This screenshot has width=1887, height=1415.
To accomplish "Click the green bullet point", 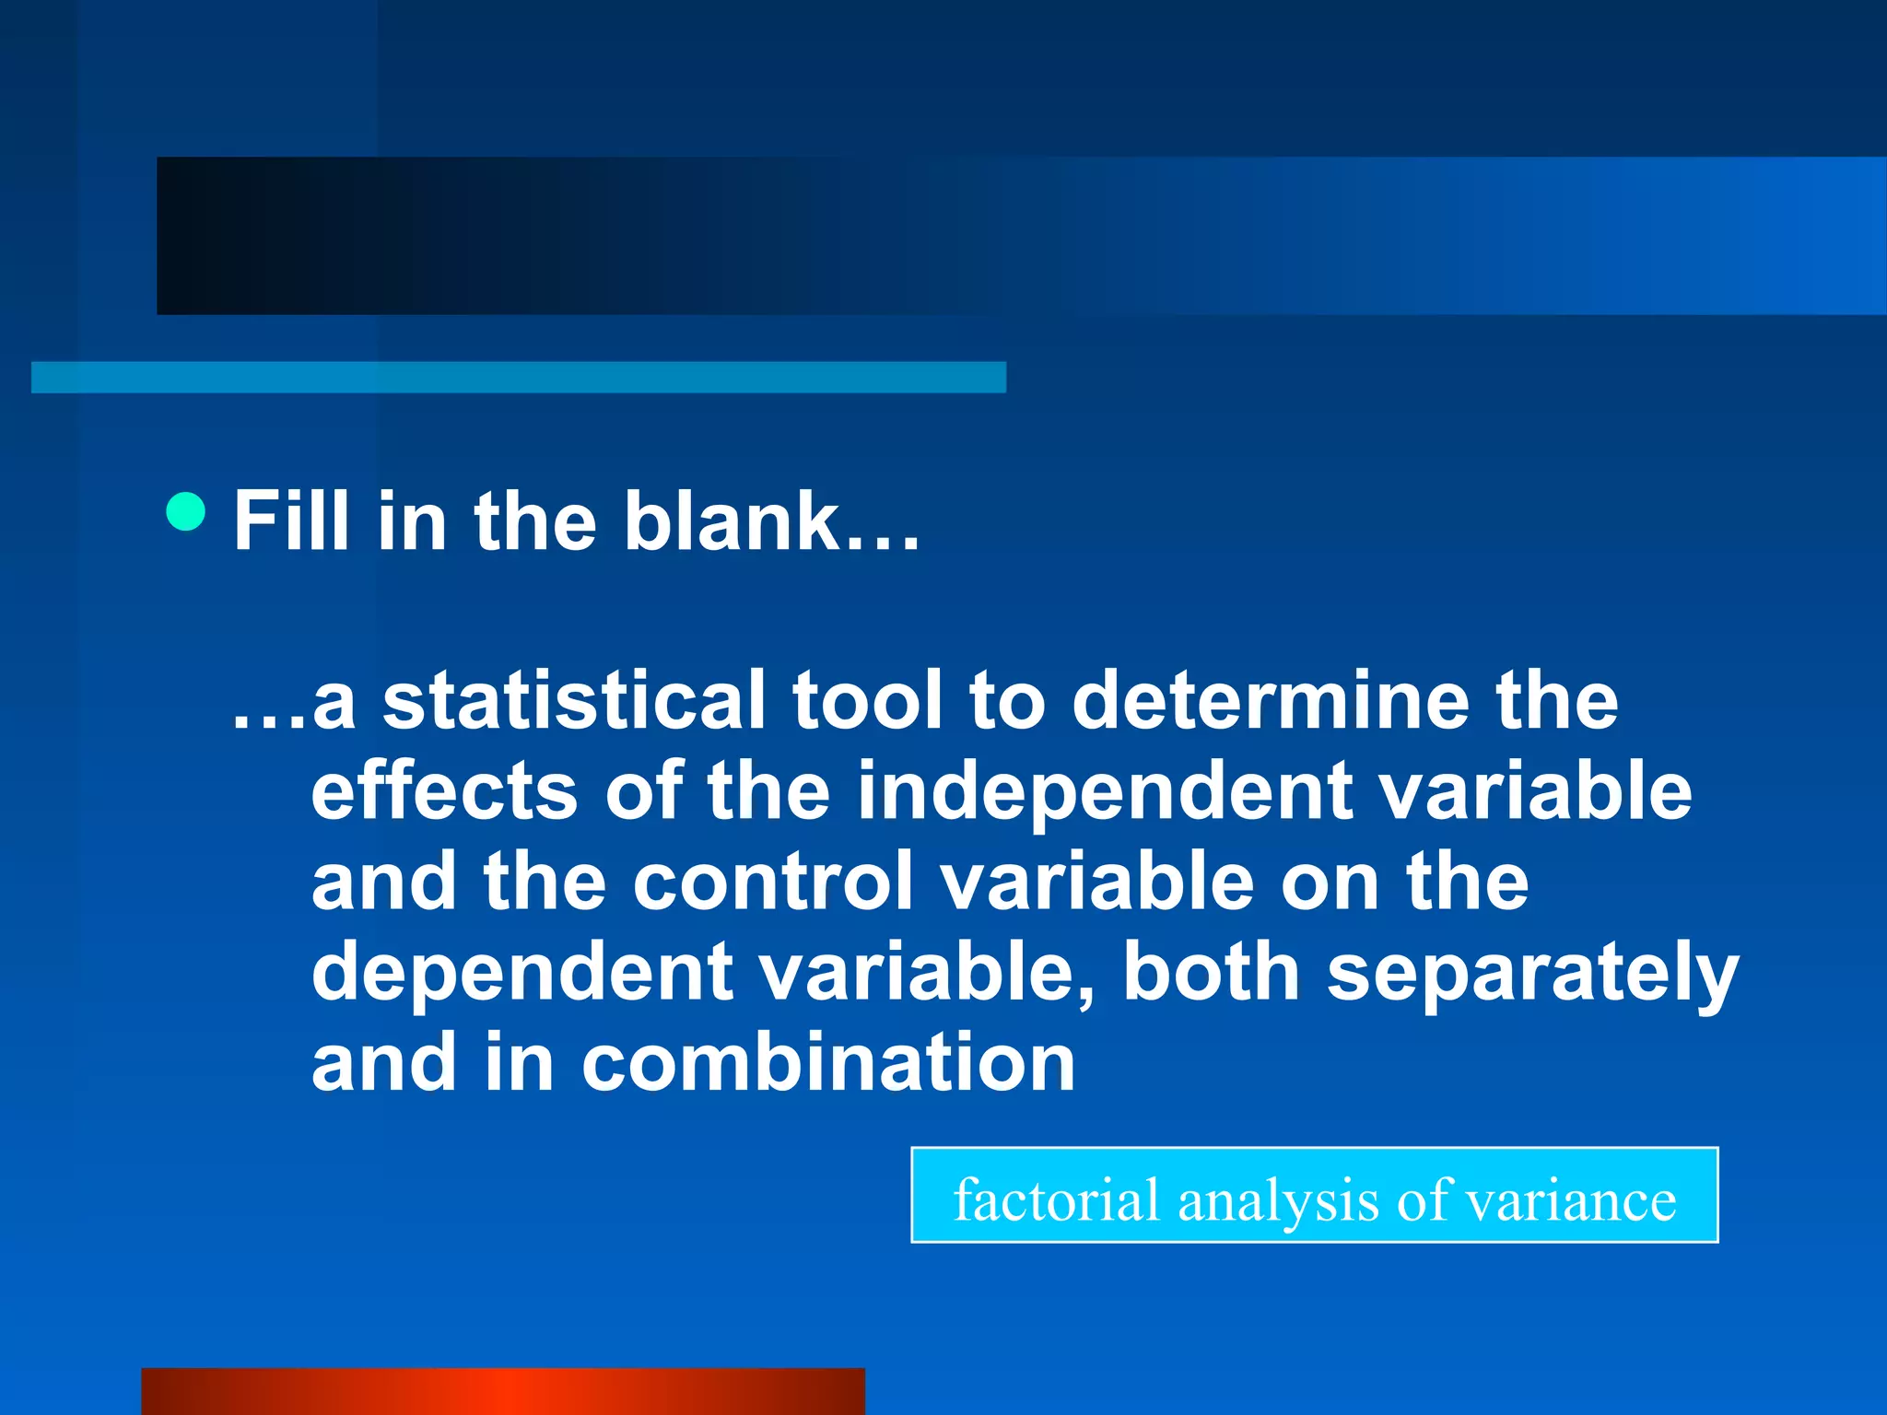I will point(186,511).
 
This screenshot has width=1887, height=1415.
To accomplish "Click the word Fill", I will point(291,520).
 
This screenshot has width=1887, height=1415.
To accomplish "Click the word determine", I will point(1271,701).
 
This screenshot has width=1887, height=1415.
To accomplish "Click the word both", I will point(1211,972).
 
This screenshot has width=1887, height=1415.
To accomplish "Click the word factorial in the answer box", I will point(1056,1199).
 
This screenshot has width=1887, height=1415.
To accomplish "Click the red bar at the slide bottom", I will point(503,1391).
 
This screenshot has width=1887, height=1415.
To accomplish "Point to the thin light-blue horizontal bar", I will point(519,378).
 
